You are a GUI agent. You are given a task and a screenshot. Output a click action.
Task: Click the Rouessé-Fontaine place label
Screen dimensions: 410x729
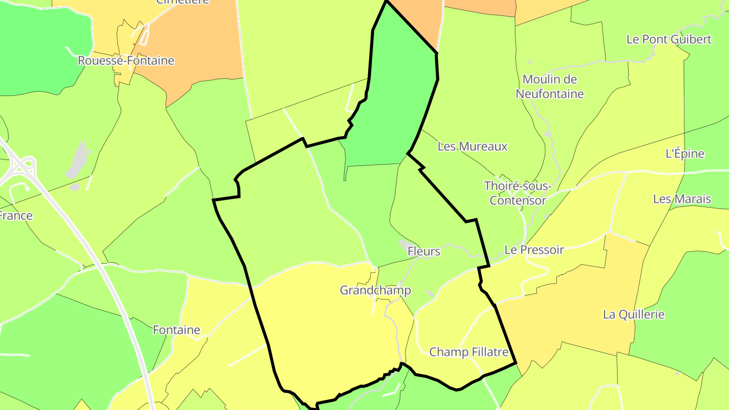coord(126,61)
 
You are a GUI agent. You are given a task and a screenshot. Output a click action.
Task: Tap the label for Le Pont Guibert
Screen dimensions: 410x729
coord(669,39)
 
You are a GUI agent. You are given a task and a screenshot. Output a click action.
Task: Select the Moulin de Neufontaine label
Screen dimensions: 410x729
coord(550,87)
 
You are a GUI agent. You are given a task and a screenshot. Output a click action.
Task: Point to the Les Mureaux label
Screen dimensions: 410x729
coord(472,147)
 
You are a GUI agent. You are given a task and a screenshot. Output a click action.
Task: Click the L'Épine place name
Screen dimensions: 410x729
coord(685,154)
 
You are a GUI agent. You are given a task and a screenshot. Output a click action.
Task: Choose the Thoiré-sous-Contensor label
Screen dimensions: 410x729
coord(517,193)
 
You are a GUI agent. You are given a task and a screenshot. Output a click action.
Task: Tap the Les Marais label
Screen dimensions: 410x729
coord(682,199)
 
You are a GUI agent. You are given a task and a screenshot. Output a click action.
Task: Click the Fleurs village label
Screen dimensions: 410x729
coord(424,251)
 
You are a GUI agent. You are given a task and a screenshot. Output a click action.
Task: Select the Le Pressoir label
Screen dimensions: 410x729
coord(534,250)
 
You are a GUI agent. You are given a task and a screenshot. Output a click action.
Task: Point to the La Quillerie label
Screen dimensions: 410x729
coord(634,314)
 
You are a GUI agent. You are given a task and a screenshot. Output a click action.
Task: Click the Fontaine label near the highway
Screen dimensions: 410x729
coord(177,330)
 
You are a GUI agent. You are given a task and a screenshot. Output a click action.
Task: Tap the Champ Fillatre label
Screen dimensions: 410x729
coord(469,352)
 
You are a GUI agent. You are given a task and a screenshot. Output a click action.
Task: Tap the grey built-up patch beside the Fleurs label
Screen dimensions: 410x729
coord(407,246)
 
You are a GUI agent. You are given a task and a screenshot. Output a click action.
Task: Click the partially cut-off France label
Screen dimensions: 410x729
coord(15,216)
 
